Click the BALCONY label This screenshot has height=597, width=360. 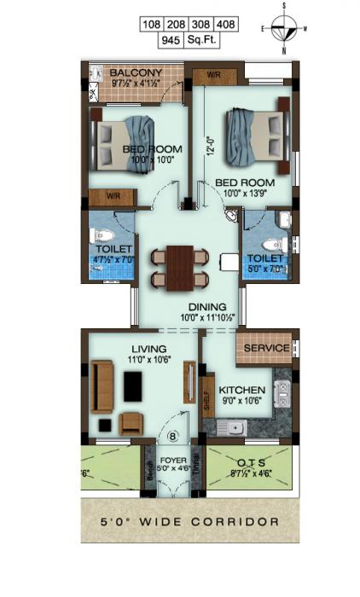[x=136, y=73]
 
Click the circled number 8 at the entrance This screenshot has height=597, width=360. [x=174, y=438]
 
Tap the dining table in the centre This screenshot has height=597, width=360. [x=179, y=267]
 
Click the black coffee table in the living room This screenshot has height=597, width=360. [x=133, y=386]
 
